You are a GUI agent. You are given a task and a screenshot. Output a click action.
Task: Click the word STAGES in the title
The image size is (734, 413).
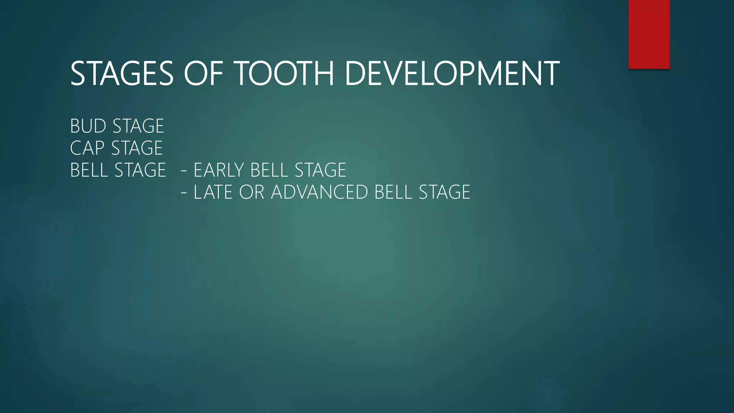click(x=122, y=73)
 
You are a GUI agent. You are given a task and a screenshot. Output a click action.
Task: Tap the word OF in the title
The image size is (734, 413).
click(x=203, y=73)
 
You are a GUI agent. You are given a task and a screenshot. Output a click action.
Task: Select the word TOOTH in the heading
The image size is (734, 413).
click(x=285, y=73)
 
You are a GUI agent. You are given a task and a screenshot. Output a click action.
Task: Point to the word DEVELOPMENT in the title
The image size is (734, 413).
click(x=452, y=73)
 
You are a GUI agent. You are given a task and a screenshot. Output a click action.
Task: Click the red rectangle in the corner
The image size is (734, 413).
click(x=649, y=34)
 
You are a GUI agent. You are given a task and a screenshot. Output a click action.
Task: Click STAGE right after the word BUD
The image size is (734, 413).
click(x=138, y=126)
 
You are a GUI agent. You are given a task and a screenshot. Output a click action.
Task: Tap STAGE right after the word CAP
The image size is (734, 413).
click(x=137, y=148)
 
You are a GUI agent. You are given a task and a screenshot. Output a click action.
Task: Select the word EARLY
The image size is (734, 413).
click(x=218, y=170)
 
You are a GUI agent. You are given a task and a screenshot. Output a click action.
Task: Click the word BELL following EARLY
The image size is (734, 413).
click(x=270, y=170)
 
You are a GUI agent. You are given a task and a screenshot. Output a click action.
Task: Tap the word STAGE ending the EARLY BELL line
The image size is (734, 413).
click(x=320, y=170)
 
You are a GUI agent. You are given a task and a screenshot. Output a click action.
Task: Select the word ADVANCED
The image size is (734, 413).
click(x=319, y=192)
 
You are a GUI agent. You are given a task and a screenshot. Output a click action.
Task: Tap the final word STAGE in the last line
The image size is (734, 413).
click(x=444, y=192)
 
